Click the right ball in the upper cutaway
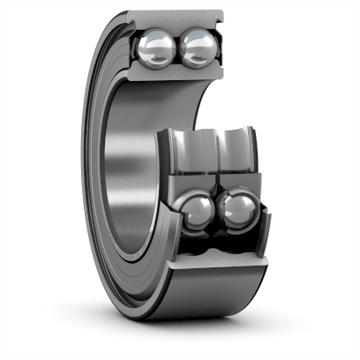click(x=199, y=47)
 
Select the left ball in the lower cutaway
click(x=196, y=213)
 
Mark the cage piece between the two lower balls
click(x=216, y=212)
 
